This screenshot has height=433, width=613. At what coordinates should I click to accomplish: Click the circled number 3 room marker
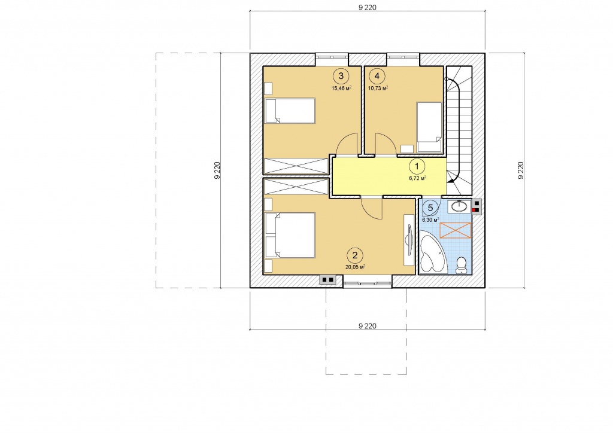pos(341,76)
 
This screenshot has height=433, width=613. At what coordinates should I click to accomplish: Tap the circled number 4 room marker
pos(377,76)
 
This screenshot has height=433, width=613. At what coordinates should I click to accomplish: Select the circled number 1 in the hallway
pos(417,166)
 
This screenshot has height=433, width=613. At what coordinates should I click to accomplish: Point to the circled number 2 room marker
pos(355,256)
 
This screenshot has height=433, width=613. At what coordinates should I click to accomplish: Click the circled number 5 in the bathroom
pos(430,208)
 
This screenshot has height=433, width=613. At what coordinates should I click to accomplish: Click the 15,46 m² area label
pos(341,89)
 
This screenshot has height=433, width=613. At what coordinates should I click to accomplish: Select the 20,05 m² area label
pos(355,267)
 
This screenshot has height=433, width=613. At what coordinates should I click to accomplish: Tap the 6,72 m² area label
pos(417,178)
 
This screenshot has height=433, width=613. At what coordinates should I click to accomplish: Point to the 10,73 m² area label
pos(378,89)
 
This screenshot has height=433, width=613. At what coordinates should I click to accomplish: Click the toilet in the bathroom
pos(462,265)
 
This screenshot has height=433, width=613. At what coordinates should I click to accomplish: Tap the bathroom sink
pos(459,206)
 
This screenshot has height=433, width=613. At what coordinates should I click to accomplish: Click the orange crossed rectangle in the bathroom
pos(456,230)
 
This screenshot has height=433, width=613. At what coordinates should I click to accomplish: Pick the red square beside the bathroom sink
pos(475,210)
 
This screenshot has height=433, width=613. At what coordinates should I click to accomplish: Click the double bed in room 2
pos(290,235)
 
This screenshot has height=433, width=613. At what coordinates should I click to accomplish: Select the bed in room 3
pos(290,111)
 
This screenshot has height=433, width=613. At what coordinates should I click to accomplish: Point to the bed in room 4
pos(430,127)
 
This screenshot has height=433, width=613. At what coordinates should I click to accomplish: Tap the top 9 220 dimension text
pos(367,7)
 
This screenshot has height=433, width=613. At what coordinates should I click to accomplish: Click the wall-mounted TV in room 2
pos(409,240)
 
